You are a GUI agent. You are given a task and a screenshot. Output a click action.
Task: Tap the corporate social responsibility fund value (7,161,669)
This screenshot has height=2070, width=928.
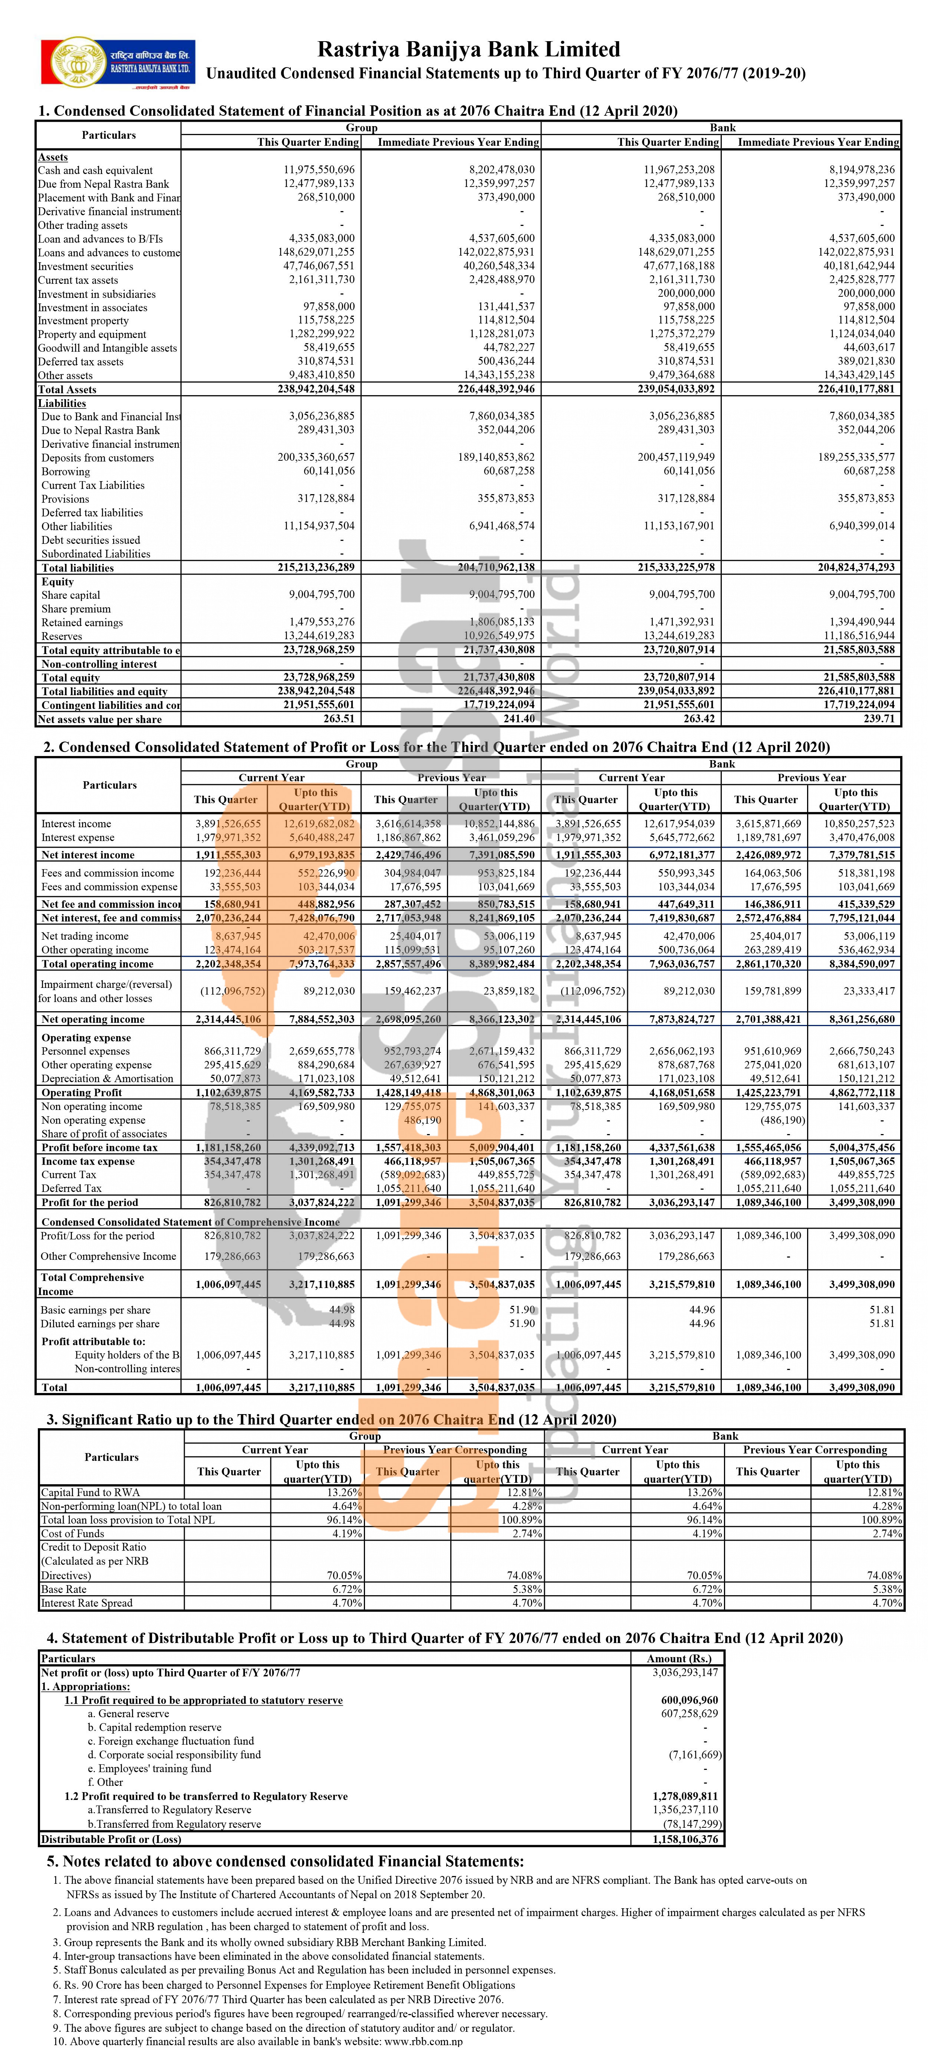(x=695, y=1754)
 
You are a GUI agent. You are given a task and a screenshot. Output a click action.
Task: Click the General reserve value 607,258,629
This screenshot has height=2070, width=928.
(x=690, y=1713)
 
